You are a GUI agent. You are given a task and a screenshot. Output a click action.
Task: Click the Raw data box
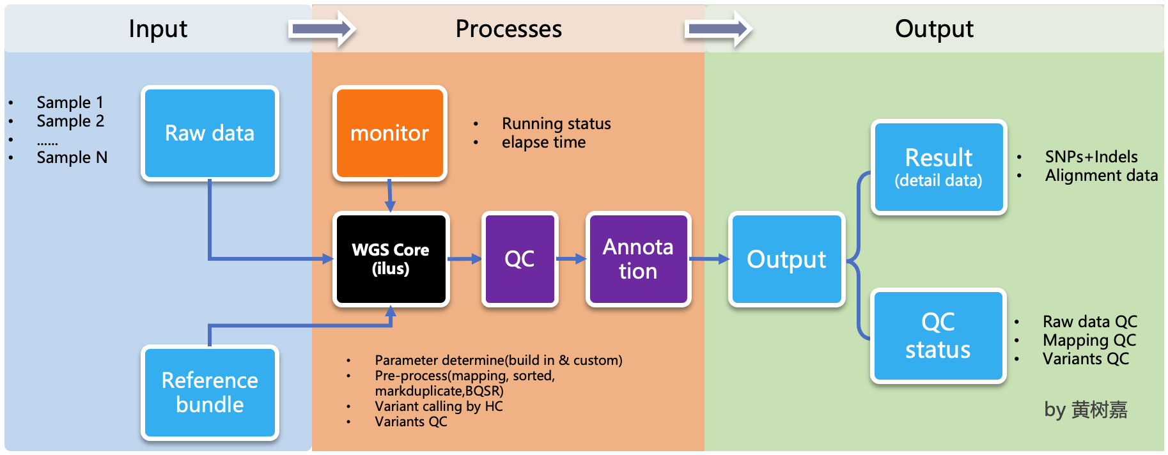click(x=210, y=133)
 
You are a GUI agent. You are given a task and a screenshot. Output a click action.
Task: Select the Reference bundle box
click(x=210, y=392)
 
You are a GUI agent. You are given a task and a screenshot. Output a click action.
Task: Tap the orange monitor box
click(x=389, y=133)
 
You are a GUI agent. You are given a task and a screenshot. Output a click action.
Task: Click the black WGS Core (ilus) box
click(x=391, y=259)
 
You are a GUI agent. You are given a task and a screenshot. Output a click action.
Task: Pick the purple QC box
click(x=520, y=259)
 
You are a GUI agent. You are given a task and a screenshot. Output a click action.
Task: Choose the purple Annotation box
click(x=638, y=259)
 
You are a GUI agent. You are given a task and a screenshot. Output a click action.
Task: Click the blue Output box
click(x=786, y=259)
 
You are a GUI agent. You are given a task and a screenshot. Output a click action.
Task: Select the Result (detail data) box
click(x=938, y=167)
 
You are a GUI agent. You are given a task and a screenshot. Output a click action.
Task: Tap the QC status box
click(x=938, y=335)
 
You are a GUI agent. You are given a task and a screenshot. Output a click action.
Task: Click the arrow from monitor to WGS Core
click(x=389, y=196)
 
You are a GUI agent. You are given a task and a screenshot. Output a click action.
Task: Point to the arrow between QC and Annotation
click(x=572, y=259)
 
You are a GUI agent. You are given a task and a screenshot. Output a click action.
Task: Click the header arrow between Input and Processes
click(x=322, y=29)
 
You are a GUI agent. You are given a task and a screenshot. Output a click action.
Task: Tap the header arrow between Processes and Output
click(x=718, y=29)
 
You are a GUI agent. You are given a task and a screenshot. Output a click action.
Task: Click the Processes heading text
click(x=508, y=29)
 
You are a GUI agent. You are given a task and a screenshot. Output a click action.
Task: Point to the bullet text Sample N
click(x=72, y=157)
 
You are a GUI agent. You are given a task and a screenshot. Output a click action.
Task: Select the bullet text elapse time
click(x=543, y=142)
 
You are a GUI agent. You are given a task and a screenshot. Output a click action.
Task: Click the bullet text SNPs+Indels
click(x=1091, y=157)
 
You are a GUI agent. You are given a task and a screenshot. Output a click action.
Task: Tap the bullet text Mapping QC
click(x=1089, y=340)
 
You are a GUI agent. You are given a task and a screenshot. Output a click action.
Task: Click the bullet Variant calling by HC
click(x=439, y=406)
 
